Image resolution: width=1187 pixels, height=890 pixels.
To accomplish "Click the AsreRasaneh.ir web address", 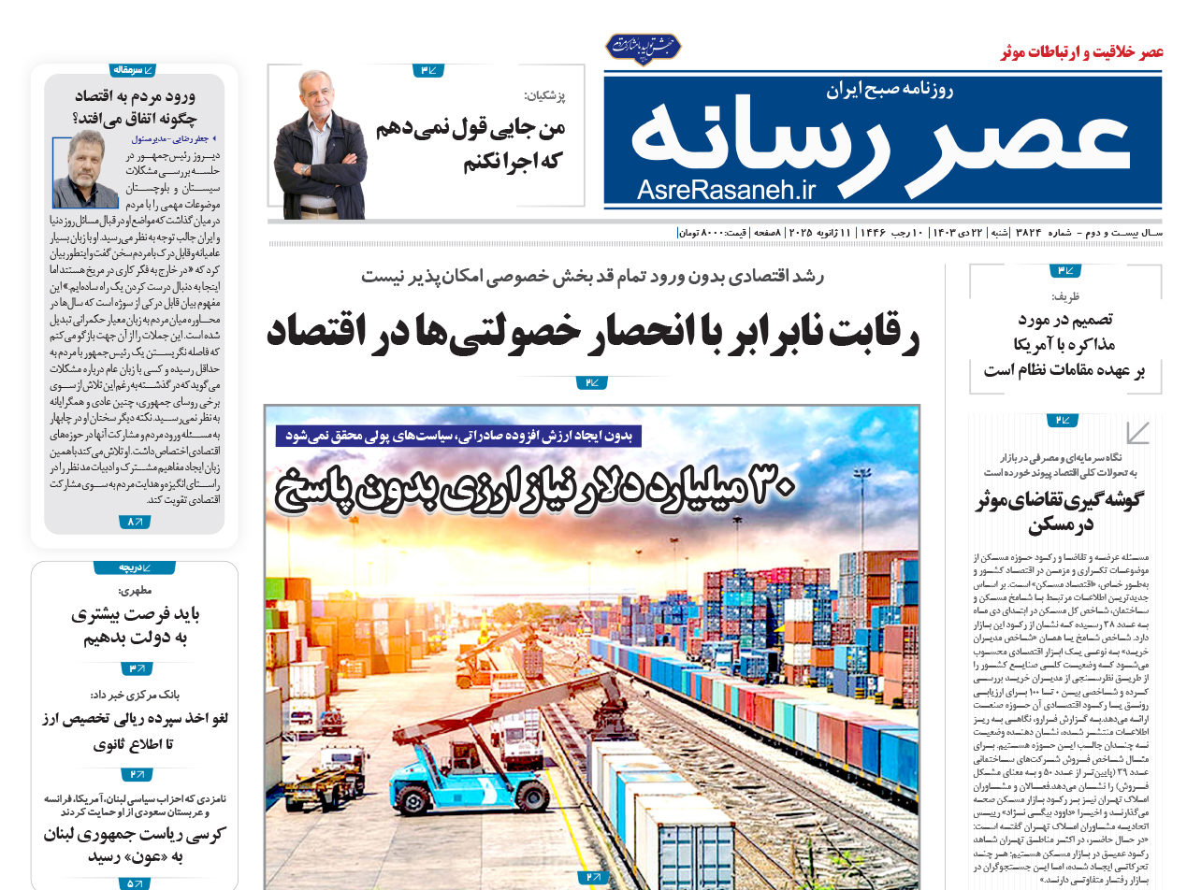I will click(727, 190).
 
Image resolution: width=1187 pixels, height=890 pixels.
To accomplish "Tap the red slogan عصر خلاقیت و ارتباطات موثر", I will click(1081, 51).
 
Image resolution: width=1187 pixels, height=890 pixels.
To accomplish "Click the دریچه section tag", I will click(134, 567).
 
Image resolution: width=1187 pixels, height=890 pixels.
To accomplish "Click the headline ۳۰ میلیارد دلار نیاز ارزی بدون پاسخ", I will click(536, 489).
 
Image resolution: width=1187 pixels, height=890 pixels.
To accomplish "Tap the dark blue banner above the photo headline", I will click(459, 436).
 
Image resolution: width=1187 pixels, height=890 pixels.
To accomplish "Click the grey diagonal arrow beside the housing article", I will click(1137, 432).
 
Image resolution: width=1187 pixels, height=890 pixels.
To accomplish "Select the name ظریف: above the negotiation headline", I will click(1064, 296).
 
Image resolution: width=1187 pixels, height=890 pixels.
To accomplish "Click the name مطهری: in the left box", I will click(134, 590).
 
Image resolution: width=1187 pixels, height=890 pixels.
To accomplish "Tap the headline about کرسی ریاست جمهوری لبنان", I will click(134, 845).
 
